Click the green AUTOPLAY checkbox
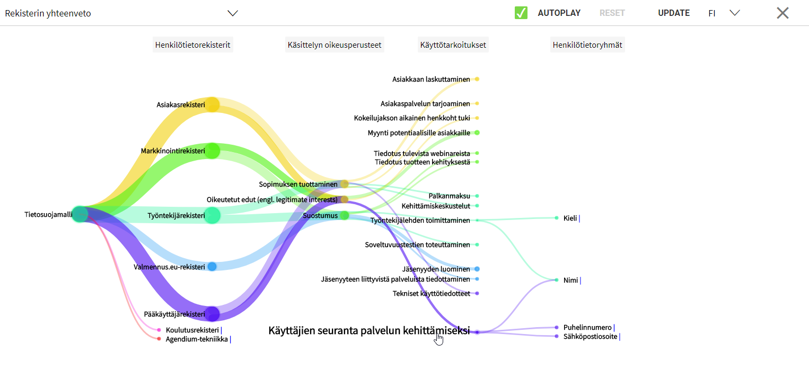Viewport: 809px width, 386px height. tap(521, 13)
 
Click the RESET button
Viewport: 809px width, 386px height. tap(612, 13)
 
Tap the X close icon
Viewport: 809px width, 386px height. tap(782, 13)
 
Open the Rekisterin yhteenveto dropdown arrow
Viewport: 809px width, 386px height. tap(233, 13)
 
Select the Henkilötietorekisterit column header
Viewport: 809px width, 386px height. tap(192, 45)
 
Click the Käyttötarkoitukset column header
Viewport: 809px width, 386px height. tap(453, 45)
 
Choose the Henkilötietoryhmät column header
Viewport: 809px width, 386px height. tap(587, 45)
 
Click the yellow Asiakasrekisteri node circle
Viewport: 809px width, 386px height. tap(213, 104)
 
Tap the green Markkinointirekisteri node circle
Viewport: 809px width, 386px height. tap(213, 151)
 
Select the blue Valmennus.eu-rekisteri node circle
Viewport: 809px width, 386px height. tap(212, 267)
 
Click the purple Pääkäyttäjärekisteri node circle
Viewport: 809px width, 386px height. tap(213, 314)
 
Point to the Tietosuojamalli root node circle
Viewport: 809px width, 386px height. tap(80, 215)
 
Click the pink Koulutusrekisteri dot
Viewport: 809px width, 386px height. tap(159, 330)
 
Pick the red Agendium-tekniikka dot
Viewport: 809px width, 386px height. tap(159, 339)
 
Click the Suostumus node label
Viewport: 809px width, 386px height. tap(320, 216)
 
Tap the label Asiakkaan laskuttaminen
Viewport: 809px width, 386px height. tap(431, 79)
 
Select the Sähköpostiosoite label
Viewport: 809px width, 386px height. tap(590, 337)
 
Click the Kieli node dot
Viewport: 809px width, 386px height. tap(557, 218)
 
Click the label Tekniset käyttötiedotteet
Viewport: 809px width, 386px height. tap(431, 294)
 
